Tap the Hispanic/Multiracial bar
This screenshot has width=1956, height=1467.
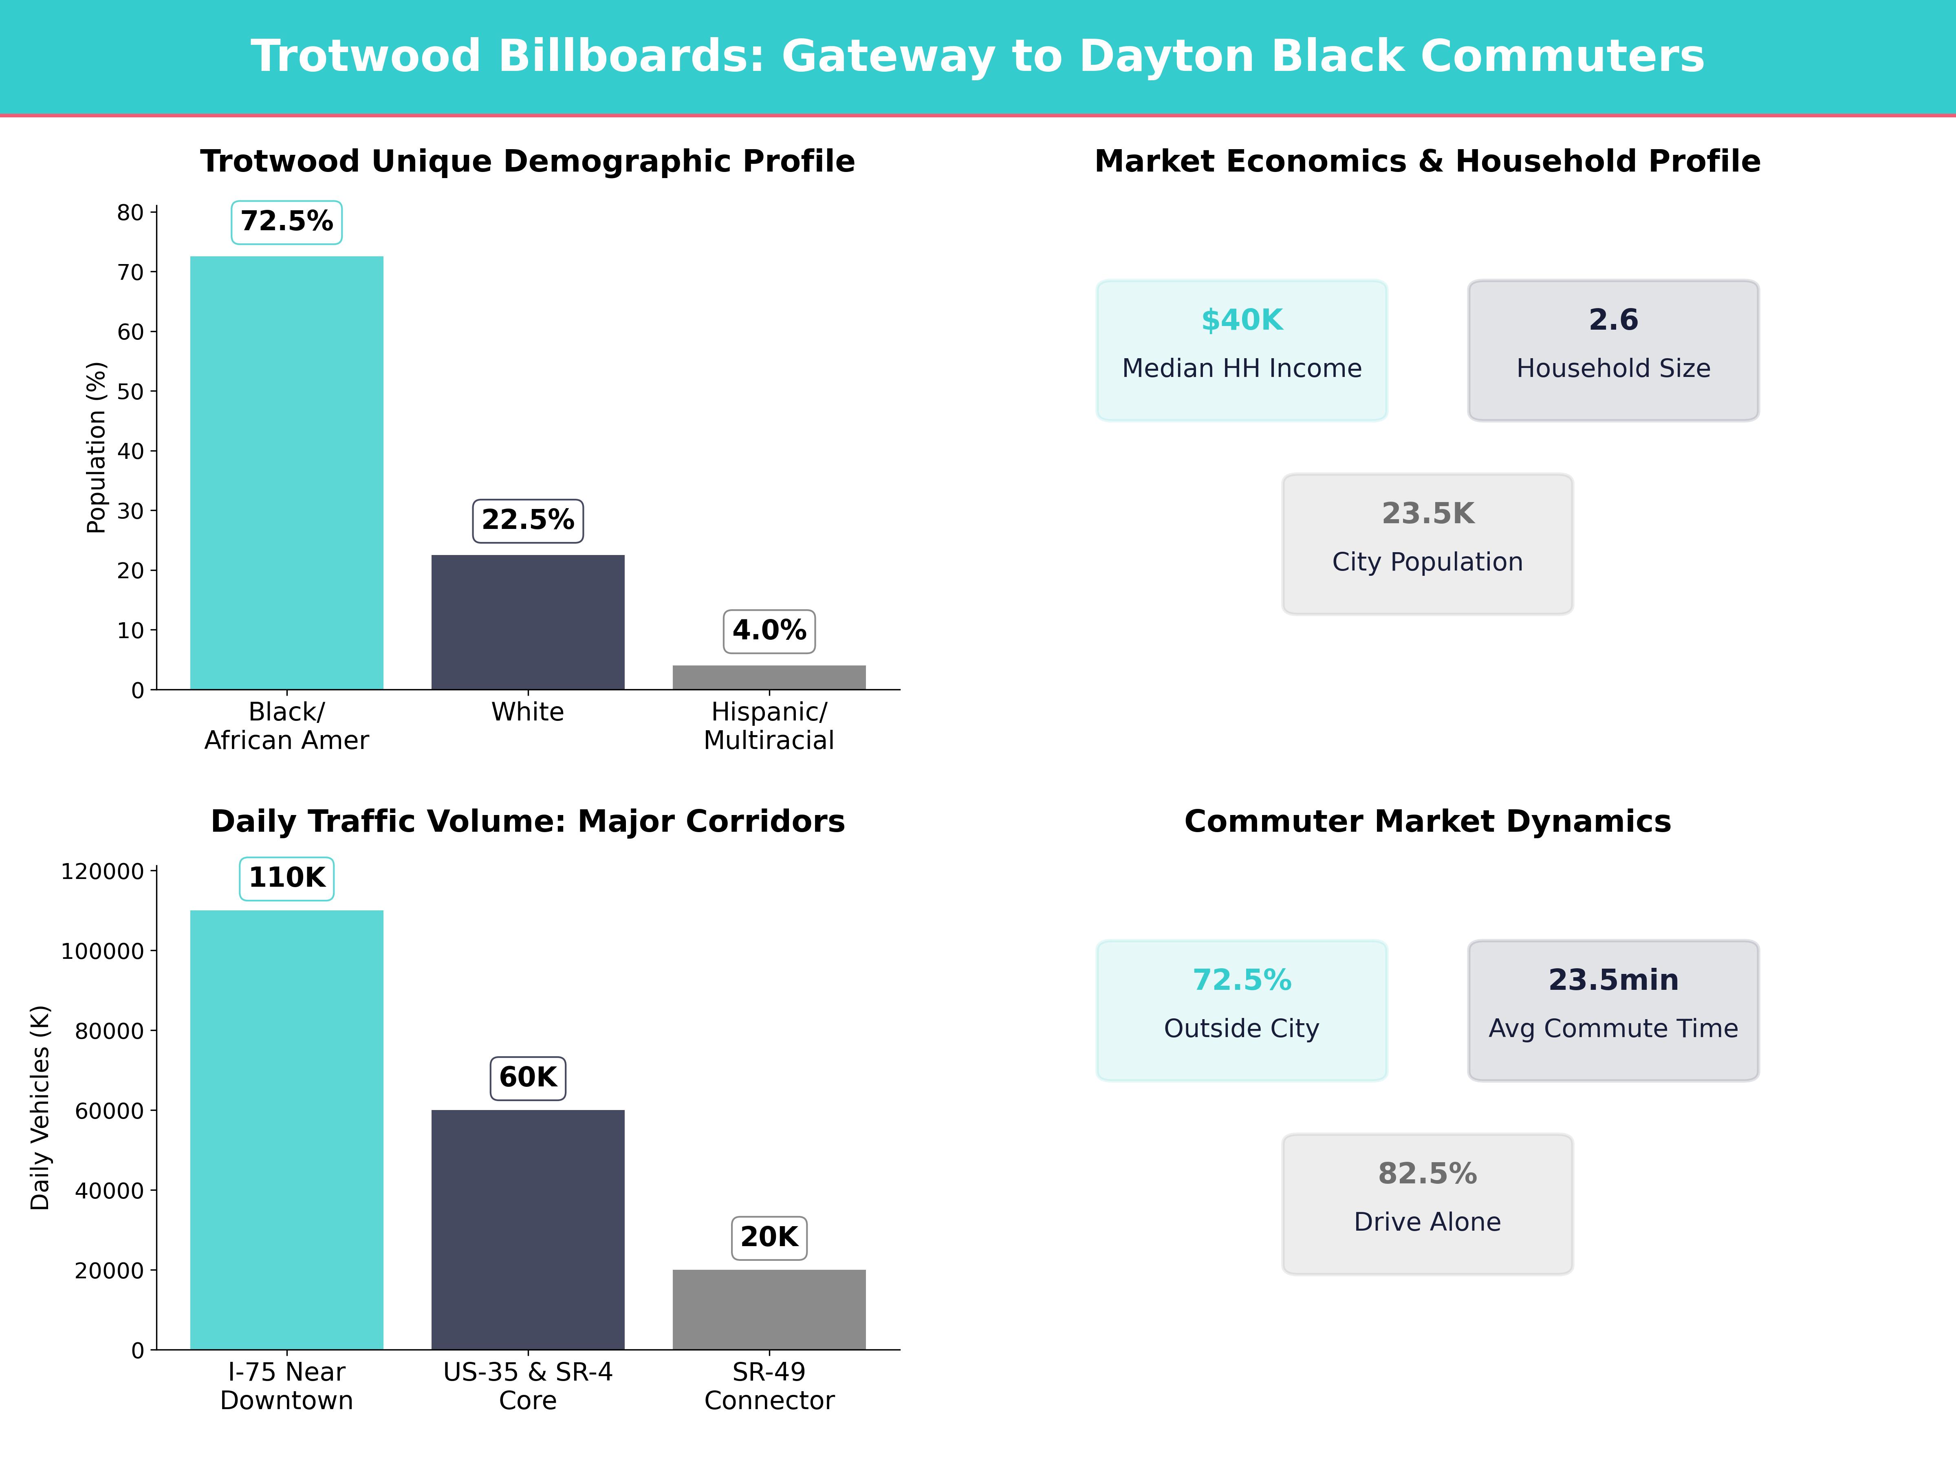pos(769,677)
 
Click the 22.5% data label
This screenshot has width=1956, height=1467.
pos(528,520)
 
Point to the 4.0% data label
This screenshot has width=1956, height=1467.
pos(769,630)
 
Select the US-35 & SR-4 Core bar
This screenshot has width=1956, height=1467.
pos(528,1229)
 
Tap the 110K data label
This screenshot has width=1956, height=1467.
pos(286,878)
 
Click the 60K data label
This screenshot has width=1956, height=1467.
pos(528,1078)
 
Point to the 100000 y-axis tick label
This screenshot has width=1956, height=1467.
pos(102,952)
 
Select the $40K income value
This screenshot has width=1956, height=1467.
pos(1242,320)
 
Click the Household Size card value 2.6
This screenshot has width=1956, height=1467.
pos(1613,320)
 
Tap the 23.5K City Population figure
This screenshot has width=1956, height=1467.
pos(1427,514)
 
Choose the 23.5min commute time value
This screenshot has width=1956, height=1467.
pos(1613,980)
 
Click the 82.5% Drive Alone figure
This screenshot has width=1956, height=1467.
pos(1427,1174)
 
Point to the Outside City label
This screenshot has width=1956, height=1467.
pos(1242,1029)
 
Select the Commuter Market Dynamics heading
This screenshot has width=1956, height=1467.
pos(1427,822)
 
